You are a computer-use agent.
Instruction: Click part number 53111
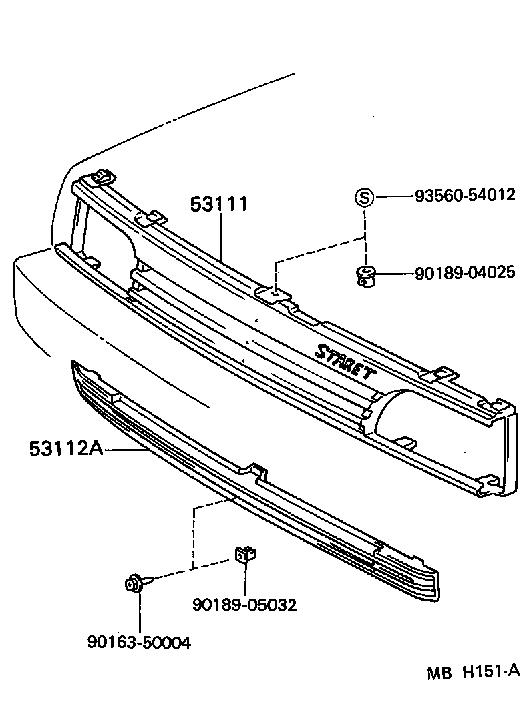point(218,204)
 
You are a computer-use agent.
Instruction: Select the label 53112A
point(65,448)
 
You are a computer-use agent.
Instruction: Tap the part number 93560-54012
point(465,195)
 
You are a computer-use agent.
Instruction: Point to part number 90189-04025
point(465,272)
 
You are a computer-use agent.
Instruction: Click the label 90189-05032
point(244,605)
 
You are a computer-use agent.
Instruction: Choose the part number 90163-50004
point(139,642)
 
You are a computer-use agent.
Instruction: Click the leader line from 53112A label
point(127,450)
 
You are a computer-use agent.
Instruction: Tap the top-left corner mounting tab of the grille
point(102,176)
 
